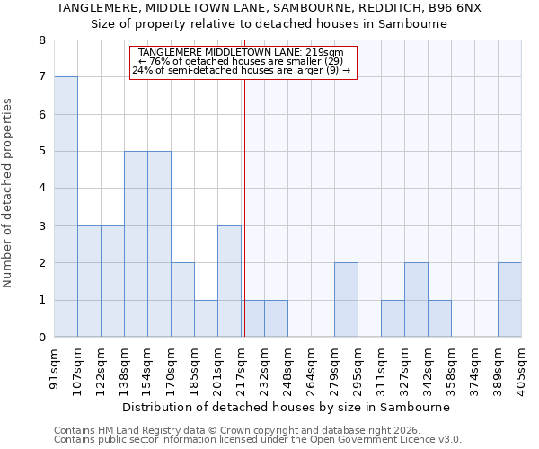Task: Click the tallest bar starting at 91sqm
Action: (x=66, y=207)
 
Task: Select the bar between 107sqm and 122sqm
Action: (x=89, y=281)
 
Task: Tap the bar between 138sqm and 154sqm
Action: (x=136, y=244)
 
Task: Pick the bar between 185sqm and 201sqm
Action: (x=206, y=318)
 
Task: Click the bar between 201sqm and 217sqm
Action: (x=229, y=281)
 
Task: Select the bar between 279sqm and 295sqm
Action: (x=346, y=300)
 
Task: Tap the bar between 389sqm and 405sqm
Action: (x=509, y=300)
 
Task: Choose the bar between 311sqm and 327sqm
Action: (x=393, y=318)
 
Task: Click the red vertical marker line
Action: (x=244, y=224)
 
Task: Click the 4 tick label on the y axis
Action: (x=41, y=189)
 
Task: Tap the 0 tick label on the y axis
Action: (x=41, y=338)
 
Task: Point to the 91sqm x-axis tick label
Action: (x=54, y=369)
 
